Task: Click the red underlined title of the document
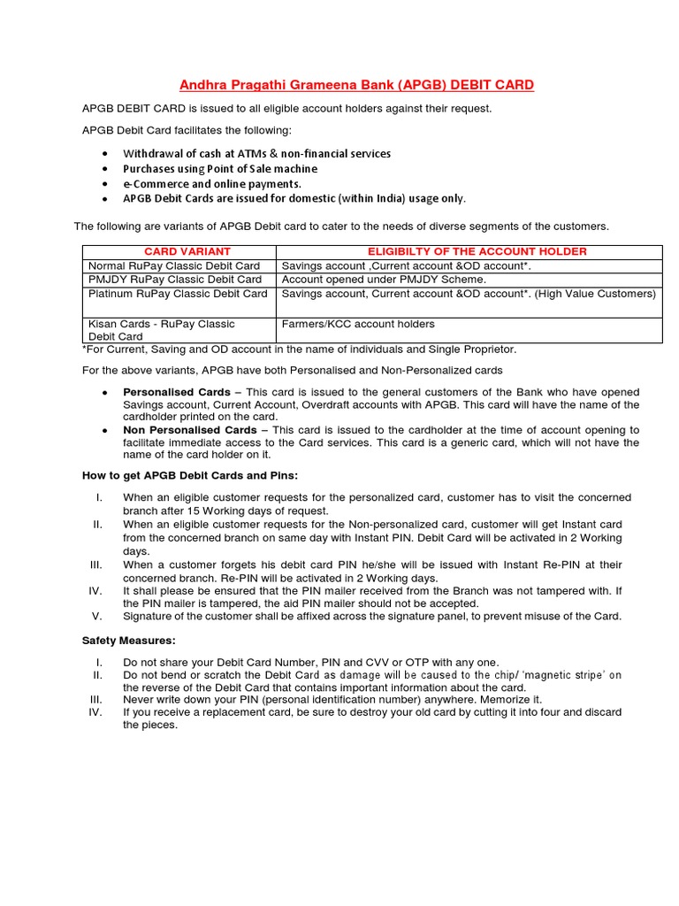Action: pyautogui.click(x=357, y=85)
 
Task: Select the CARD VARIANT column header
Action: pyautogui.click(x=175, y=251)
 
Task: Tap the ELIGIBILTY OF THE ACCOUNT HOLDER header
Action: pyautogui.click(x=477, y=251)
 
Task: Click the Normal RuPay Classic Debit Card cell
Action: pyautogui.click(x=174, y=265)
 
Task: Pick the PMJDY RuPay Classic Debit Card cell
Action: pyautogui.click(x=174, y=280)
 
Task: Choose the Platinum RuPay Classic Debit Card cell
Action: pyautogui.click(x=178, y=294)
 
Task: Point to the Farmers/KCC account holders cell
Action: pyautogui.click(x=346, y=324)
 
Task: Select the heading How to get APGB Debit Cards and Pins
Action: pyautogui.click(x=190, y=475)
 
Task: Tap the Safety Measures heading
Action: pyautogui.click(x=128, y=639)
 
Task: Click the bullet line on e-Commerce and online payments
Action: pyautogui.click(x=206, y=183)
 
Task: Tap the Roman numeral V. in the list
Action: pyautogui.click(x=97, y=616)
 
